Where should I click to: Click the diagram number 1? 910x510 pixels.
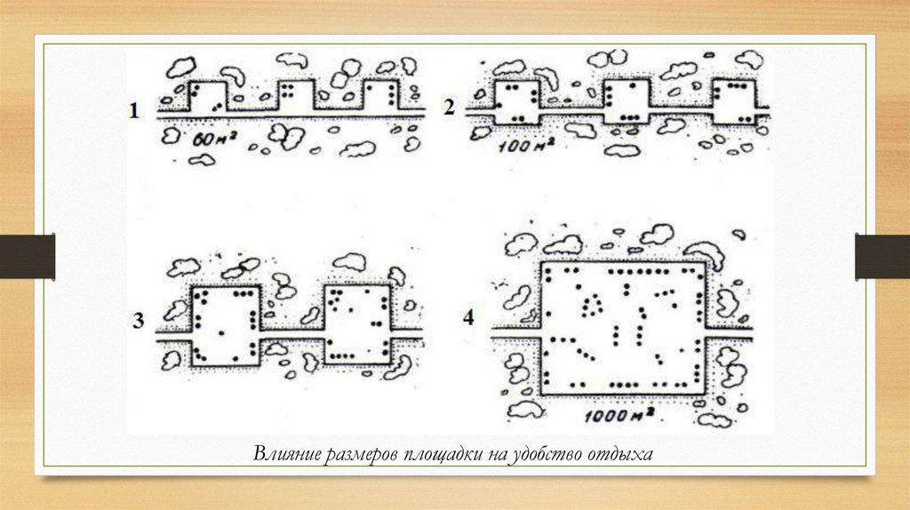(134, 111)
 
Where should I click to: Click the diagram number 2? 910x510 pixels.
(450, 108)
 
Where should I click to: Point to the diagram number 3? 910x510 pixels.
(139, 322)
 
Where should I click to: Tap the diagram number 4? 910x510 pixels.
(468, 317)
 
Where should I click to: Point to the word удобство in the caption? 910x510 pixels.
(542, 455)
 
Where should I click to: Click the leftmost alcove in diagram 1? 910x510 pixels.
(208, 95)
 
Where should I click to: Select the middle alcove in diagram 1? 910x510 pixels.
(297, 95)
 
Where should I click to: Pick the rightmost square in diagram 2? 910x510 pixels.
(733, 101)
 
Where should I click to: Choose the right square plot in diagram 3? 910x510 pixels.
(355, 324)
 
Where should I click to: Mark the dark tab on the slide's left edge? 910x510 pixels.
(28, 256)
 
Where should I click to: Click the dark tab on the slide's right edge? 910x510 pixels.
(882, 256)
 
